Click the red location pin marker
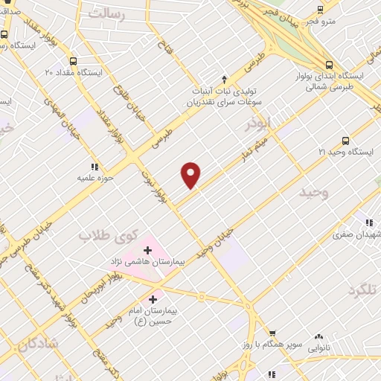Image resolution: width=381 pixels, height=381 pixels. (x=191, y=175)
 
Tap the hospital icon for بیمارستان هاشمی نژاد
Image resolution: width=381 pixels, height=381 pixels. (x=147, y=251)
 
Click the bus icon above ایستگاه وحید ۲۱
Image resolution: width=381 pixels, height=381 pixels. (x=345, y=141)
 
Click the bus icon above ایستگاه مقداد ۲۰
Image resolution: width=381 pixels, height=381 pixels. (x=73, y=62)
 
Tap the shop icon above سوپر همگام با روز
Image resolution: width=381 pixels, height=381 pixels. (x=272, y=333)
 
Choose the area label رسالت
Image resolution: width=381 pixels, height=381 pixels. (x=107, y=13)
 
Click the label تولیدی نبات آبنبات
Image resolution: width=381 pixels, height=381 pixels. (x=225, y=92)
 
